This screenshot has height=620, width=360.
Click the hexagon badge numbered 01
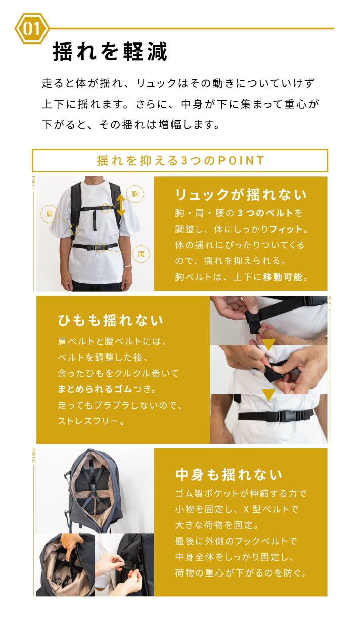point(31,28)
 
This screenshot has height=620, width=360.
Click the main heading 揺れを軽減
point(110,52)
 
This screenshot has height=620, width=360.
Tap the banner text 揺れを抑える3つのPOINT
point(181,160)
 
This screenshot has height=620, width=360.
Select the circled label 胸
point(135,194)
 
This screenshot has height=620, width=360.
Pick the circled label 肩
point(49,214)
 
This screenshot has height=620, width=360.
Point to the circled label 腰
point(141,254)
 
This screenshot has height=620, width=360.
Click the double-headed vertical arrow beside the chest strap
point(120,205)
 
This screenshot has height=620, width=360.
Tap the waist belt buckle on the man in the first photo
point(99,247)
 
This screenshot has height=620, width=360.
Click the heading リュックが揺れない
point(241,195)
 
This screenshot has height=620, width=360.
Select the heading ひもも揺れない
point(110,320)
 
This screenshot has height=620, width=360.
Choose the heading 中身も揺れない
point(229,474)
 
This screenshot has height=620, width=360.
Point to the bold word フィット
point(285,229)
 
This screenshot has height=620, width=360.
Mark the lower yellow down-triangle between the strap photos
point(268,394)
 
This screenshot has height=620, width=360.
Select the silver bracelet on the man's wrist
point(127,266)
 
